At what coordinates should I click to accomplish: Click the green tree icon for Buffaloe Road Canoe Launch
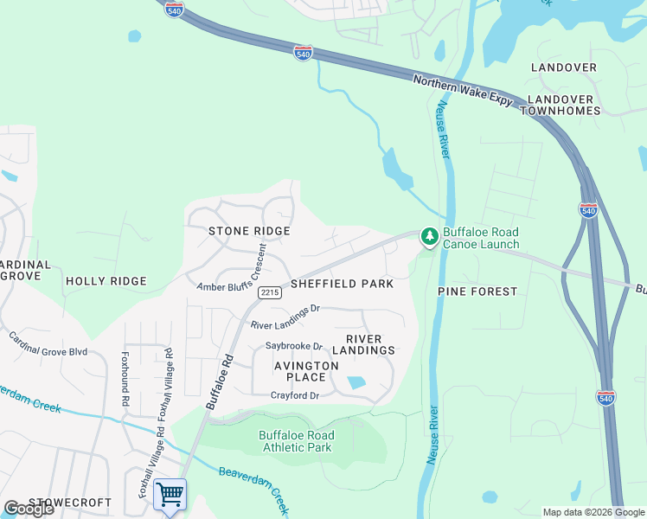tap(429, 236)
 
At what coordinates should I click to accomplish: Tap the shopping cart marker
tap(170, 496)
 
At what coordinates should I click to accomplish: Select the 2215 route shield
tap(269, 293)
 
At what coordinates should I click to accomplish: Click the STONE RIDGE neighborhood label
tap(248, 231)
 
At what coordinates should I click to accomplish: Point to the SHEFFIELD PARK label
tap(342, 284)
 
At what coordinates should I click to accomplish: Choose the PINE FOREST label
tap(477, 292)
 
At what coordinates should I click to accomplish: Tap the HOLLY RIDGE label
tap(106, 281)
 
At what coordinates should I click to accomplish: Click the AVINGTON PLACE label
tap(306, 371)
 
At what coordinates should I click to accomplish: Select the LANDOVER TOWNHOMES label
tap(561, 105)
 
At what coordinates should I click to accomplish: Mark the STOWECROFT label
tap(70, 503)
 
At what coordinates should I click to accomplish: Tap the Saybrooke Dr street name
tap(293, 346)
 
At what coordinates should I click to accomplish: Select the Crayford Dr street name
tap(295, 395)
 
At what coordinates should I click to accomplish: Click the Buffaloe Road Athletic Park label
tap(295, 441)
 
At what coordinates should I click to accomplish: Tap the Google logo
tap(29, 509)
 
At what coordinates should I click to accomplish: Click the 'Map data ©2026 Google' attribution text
tap(593, 512)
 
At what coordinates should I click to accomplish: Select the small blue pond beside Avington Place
tap(356, 382)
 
